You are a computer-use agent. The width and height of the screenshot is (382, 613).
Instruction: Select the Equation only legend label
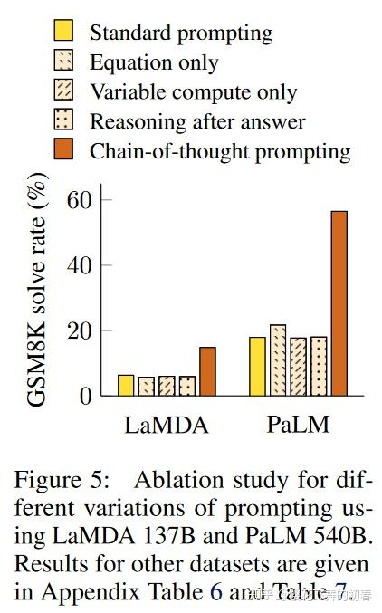pyautogui.click(x=153, y=63)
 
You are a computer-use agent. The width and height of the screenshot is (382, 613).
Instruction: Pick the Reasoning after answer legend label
pyautogui.click(x=196, y=121)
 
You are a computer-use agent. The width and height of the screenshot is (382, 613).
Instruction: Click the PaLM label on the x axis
pyautogui.click(x=297, y=425)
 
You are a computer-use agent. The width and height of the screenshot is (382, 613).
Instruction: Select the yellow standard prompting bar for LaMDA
pyautogui.click(x=126, y=385)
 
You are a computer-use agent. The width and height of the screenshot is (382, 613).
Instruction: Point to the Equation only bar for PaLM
pyautogui.click(x=277, y=360)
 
